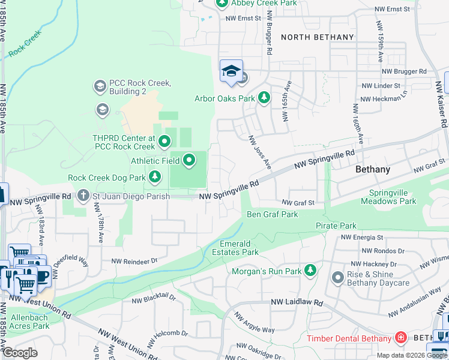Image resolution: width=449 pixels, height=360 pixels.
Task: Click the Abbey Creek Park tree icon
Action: [x=221, y=4]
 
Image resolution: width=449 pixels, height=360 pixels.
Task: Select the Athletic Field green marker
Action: [x=189, y=160]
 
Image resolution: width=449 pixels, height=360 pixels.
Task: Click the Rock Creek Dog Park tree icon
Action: [x=155, y=176]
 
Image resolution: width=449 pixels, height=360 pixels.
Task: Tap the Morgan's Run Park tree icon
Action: [x=310, y=271]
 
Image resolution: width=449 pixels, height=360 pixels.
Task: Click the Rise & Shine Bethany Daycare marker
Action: [x=337, y=277]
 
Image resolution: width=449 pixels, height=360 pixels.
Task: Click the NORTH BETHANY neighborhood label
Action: [x=318, y=37]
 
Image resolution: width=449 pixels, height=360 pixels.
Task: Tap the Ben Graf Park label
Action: [x=273, y=214]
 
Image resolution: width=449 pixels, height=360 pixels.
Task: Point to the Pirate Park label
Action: [x=336, y=226]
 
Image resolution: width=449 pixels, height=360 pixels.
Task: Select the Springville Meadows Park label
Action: [x=388, y=197]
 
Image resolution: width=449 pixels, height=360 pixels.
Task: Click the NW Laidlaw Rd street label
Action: [x=297, y=302]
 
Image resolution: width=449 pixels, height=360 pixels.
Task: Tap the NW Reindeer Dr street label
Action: [x=134, y=260]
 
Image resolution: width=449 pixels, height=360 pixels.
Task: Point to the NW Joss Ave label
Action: [x=260, y=152]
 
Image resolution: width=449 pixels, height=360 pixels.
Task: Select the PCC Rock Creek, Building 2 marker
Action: [x=100, y=87]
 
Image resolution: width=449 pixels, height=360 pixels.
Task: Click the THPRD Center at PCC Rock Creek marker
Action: [x=164, y=142]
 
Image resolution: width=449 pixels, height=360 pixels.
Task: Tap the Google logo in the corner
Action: [x=20, y=352]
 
